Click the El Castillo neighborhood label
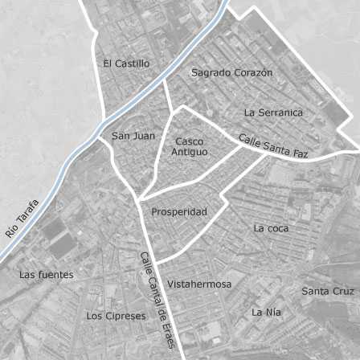(126, 63)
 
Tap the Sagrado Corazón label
(232, 72)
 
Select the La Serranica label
(273, 112)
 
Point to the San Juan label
(133, 136)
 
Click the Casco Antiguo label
(190, 146)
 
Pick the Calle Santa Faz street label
(273, 145)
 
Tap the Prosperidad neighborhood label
(179, 212)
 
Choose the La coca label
(270, 228)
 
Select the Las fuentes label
(46, 275)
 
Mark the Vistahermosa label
(199, 284)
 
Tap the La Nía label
(267, 312)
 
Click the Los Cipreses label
(117, 316)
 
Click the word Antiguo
(190, 152)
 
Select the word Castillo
(133, 63)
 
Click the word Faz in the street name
(299, 153)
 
